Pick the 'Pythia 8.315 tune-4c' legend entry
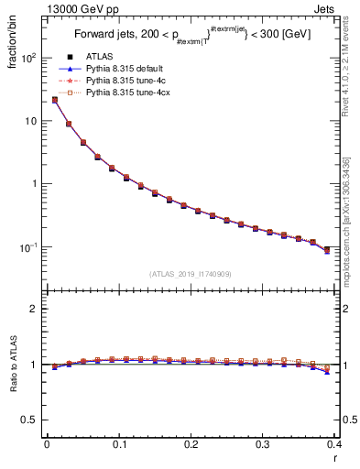coord(131,82)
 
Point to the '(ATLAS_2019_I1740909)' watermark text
coord(189,274)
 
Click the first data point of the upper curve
coord(54,100)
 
